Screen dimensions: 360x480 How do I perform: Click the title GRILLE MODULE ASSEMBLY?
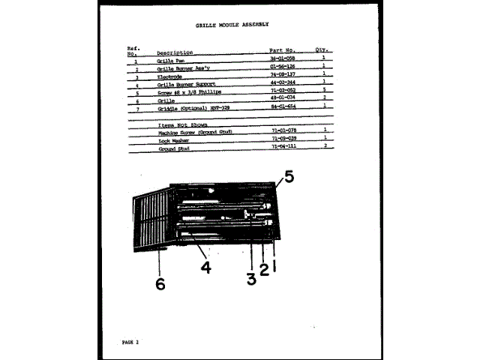click(232, 25)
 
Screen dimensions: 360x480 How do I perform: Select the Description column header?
click(175, 52)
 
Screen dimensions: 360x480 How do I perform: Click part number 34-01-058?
click(283, 59)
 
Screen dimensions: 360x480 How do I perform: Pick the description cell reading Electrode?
click(169, 76)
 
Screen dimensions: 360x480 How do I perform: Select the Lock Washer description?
click(173, 140)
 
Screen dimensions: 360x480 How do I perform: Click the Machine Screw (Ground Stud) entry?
click(195, 132)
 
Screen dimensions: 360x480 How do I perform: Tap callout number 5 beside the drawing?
click(289, 178)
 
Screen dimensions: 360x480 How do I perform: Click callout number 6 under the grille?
click(159, 283)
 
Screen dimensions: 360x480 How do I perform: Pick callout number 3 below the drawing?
click(250, 279)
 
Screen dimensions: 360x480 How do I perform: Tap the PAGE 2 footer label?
click(130, 342)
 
